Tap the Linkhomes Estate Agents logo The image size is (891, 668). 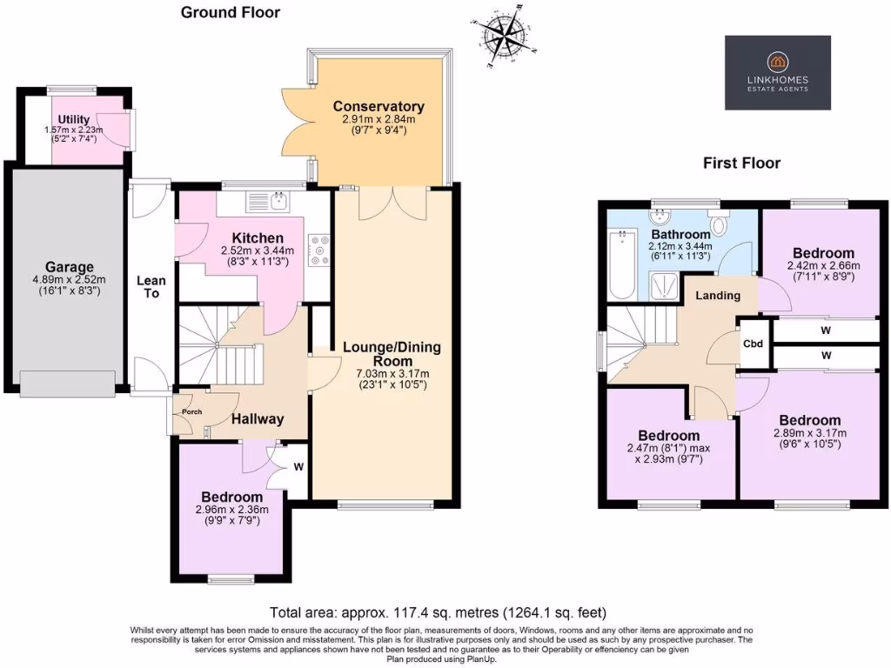[777, 72]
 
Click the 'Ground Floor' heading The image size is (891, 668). [231, 12]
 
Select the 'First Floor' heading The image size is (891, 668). [742, 163]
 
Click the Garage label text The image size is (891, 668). [70, 267]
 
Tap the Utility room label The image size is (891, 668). [75, 119]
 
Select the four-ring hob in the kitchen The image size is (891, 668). [318, 250]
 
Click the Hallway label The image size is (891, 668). [258, 419]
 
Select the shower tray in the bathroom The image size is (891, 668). [667, 282]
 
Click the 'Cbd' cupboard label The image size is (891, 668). [753, 344]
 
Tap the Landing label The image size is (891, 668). [718, 295]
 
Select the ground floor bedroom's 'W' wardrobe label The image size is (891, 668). [298, 466]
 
